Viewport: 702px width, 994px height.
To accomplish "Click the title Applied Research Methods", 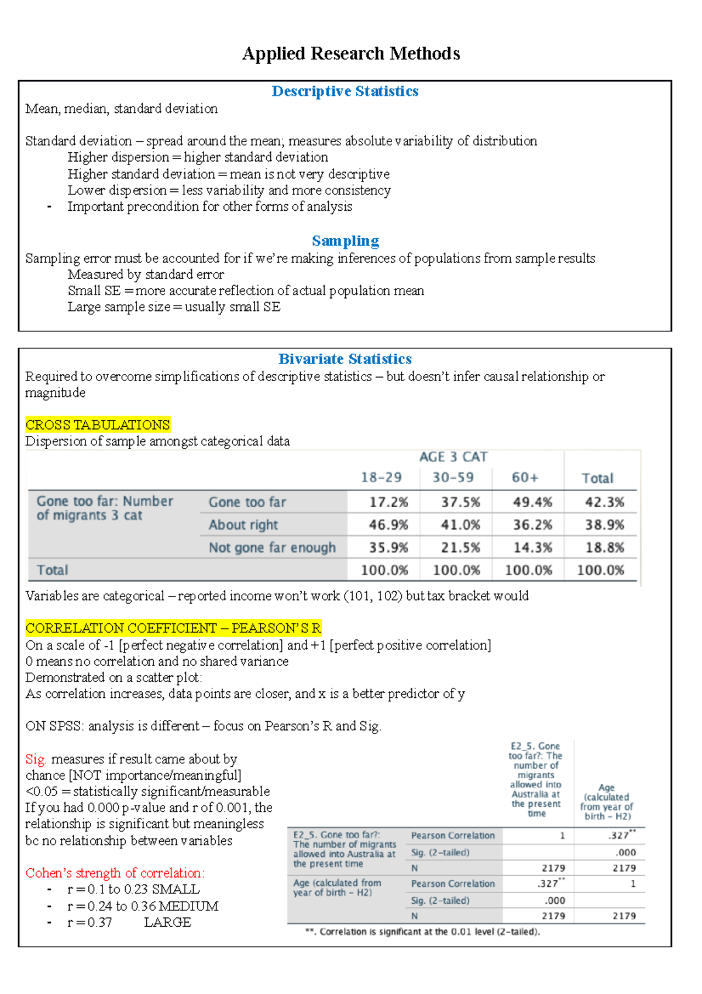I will (x=351, y=54).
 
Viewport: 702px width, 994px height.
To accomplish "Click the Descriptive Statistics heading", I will (x=345, y=91).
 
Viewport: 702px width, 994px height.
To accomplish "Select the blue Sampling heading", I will (x=345, y=241).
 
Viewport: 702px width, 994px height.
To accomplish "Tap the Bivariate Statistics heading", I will (x=345, y=359).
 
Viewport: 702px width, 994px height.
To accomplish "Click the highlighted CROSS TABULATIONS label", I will (x=98, y=425).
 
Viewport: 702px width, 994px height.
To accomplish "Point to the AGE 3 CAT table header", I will (x=453, y=457).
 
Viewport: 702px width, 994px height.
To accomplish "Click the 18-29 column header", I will (x=381, y=478).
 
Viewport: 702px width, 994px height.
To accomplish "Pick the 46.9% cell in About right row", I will (x=388, y=525).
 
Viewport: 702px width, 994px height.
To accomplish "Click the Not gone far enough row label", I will (x=272, y=547).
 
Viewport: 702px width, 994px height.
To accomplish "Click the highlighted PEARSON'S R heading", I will (x=173, y=628).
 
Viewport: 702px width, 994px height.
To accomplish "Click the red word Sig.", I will (x=36, y=759).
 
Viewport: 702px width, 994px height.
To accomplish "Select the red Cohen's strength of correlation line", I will (x=115, y=873).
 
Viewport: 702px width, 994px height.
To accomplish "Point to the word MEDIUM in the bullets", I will (x=188, y=906).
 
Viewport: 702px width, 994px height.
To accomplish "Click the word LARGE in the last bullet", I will (x=167, y=923).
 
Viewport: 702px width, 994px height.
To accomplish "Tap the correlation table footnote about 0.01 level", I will (x=422, y=932).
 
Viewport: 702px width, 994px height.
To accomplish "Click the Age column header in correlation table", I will (x=606, y=802).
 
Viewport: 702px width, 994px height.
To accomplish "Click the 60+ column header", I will (x=525, y=478).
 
